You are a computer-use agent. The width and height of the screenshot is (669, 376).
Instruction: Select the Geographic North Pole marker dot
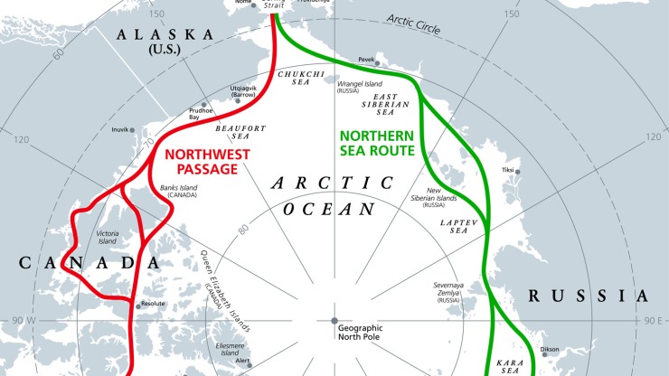[x=334, y=321]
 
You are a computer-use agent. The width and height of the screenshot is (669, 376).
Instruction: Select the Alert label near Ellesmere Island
[x=242, y=360]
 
